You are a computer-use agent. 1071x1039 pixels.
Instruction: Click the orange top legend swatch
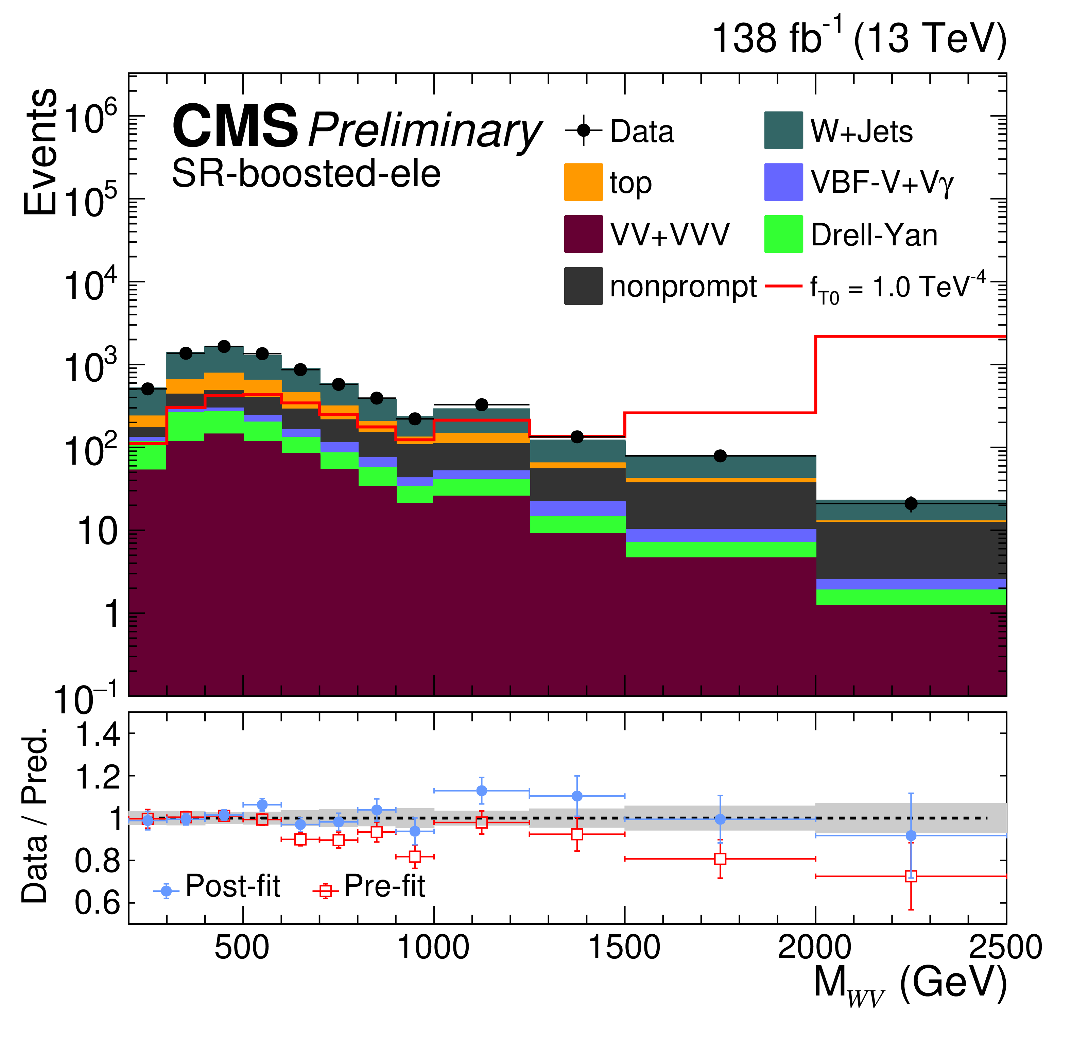[583, 182]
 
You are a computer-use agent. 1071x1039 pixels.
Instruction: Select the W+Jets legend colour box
[783, 130]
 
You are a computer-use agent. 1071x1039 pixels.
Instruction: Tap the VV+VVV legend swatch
[583, 234]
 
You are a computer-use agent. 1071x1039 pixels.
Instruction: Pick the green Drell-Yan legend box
[783, 234]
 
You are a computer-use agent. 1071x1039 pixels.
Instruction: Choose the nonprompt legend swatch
[583, 286]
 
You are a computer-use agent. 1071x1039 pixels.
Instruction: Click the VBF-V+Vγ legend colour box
[783, 182]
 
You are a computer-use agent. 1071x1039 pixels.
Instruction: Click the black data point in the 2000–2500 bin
[910, 504]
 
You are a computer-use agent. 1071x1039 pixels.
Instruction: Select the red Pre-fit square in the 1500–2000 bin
[720, 859]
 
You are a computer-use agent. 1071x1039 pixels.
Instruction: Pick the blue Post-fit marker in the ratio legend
[166, 891]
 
